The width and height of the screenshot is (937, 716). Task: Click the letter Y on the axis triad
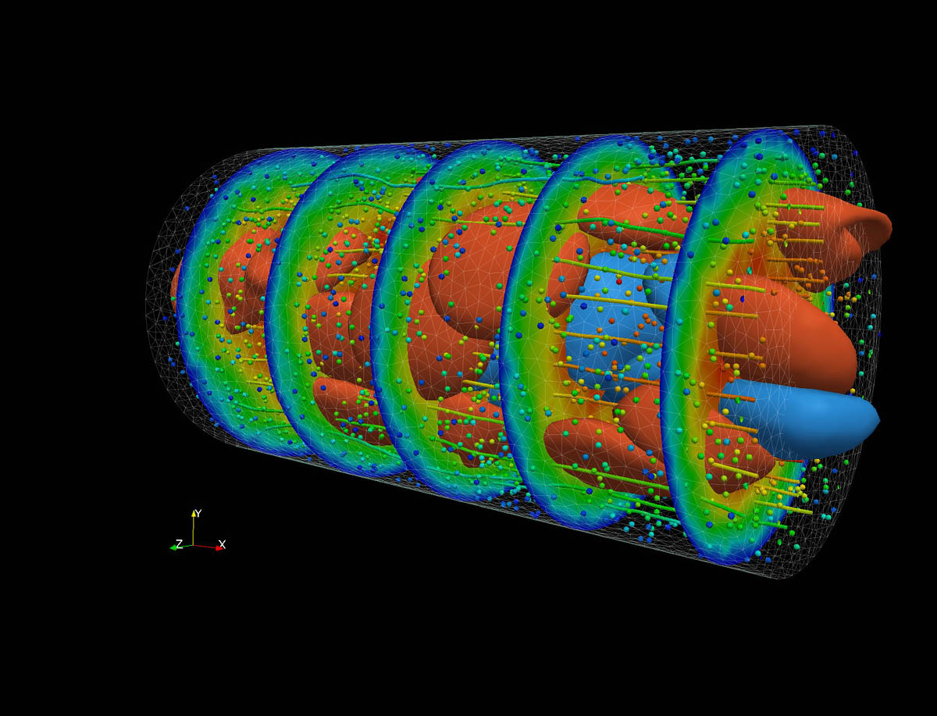198,513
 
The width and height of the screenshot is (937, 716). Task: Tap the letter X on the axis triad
222,544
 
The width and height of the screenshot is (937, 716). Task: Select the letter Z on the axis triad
180,544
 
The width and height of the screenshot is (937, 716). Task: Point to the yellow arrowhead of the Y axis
194,513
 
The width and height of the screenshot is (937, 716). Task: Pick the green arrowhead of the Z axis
174,548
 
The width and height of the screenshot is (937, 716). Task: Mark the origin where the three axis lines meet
194,545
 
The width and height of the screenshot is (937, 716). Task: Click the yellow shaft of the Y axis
194,531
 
